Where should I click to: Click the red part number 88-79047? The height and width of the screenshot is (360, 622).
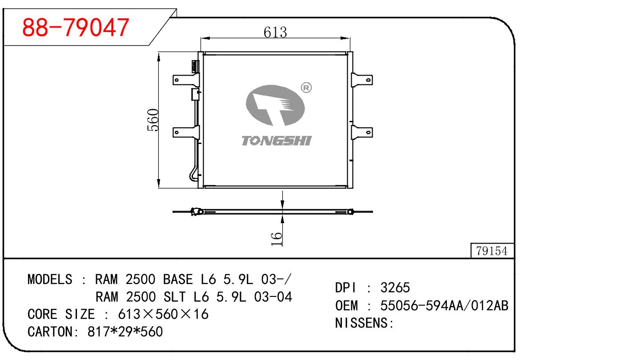(76, 28)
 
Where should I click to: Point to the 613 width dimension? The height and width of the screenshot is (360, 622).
(275, 32)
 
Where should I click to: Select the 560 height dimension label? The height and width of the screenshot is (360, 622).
(153, 120)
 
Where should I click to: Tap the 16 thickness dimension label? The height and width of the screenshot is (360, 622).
(277, 238)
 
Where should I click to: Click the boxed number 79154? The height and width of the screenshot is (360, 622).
(492, 251)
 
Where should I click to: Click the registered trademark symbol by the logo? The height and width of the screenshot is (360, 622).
(306, 88)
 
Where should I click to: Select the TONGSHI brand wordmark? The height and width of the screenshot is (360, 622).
(276, 141)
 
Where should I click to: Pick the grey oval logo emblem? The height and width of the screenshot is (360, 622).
(276, 106)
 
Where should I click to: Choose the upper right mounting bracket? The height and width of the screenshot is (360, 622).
(362, 80)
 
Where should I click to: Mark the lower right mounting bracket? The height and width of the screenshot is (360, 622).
(362, 132)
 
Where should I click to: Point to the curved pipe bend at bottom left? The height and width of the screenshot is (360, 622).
(193, 174)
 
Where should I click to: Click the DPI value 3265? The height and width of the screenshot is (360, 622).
(395, 288)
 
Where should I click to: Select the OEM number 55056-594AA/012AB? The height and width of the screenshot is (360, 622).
(444, 306)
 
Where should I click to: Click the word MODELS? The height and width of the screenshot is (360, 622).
(49, 280)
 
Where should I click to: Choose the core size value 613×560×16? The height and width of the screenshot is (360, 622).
(163, 314)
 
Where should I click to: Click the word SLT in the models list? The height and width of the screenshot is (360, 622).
(177, 297)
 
